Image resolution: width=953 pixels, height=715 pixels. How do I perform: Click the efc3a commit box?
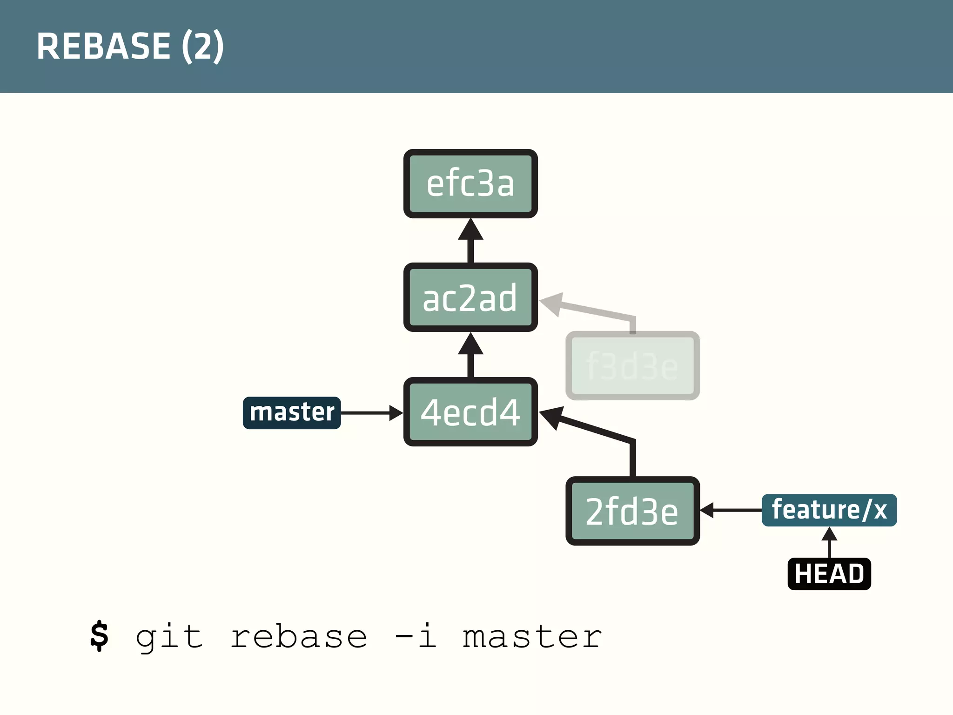click(x=470, y=183)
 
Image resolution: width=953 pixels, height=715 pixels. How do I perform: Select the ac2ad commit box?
click(x=470, y=297)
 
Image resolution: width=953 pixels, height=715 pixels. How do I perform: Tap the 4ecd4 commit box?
click(x=470, y=412)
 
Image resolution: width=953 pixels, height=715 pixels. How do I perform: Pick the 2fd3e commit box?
click(x=632, y=511)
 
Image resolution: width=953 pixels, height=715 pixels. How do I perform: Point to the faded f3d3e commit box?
click(x=632, y=366)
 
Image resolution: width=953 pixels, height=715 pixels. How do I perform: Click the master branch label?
click(x=292, y=412)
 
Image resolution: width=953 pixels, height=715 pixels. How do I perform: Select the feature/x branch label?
click(x=829, y=510)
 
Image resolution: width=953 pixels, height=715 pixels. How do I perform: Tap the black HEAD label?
click(x=829, y=573)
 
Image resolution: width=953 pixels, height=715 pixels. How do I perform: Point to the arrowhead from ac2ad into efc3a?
click(x=470, y=230)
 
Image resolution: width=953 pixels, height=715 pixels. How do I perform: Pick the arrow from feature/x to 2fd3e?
click(x=731, y=510)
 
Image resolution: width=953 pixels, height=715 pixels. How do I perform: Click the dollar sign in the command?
click(x=99, y=636)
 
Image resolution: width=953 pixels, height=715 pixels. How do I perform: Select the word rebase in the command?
click(x=299, y=637)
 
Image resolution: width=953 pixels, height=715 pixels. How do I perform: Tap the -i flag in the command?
click(x=415, y=636)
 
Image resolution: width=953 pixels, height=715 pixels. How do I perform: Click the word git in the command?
click(x=169, y=637)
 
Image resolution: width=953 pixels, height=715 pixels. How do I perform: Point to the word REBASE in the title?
click(x=103, y=46)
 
